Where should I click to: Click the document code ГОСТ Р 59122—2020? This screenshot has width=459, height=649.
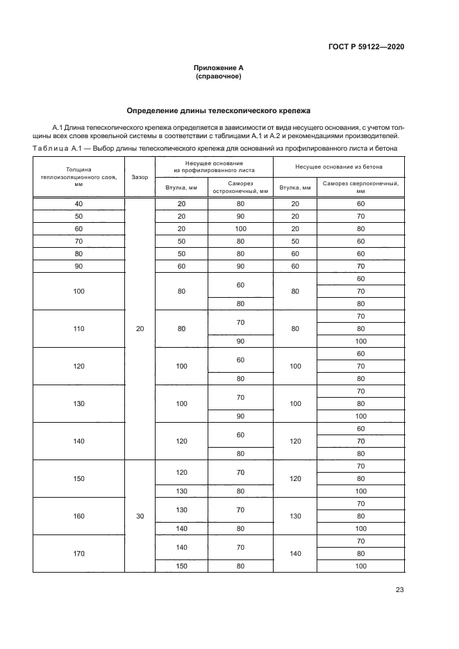[x=366, y=47]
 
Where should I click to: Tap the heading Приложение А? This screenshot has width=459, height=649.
[x=218, y=68]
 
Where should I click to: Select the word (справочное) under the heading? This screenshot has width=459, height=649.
[x=218, y=76]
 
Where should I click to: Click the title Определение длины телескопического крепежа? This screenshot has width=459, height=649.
[x=218, y=110]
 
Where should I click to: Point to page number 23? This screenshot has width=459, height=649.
[x=399, y=590]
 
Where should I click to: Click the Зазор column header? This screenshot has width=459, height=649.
[x=140, y=177]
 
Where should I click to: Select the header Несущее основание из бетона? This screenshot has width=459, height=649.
[x=339, y=168]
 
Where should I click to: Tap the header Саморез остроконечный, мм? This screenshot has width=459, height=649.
[x=240, y=187]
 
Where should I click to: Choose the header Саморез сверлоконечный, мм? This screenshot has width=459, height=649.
[x=360, y=187]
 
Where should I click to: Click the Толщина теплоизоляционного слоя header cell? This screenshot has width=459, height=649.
[x=78, y=177]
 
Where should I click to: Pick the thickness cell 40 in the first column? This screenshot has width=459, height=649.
[x=78, y=203]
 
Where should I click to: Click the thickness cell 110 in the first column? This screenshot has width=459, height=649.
[x=78, y=329]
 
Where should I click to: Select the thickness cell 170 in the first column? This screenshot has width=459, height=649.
[x=78, y=554]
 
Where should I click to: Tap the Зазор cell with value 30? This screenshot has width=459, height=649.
[x=140, y=516]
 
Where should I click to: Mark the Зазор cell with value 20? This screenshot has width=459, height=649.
[x=140, y=329]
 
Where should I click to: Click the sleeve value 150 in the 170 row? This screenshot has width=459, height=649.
[x=181, y=566]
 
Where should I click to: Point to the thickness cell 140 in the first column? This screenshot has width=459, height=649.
[x=78, y=441]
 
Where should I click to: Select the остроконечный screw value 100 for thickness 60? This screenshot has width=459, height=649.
[x=240, y=228]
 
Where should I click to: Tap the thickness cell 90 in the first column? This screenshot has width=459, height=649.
[x=78, y=266]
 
